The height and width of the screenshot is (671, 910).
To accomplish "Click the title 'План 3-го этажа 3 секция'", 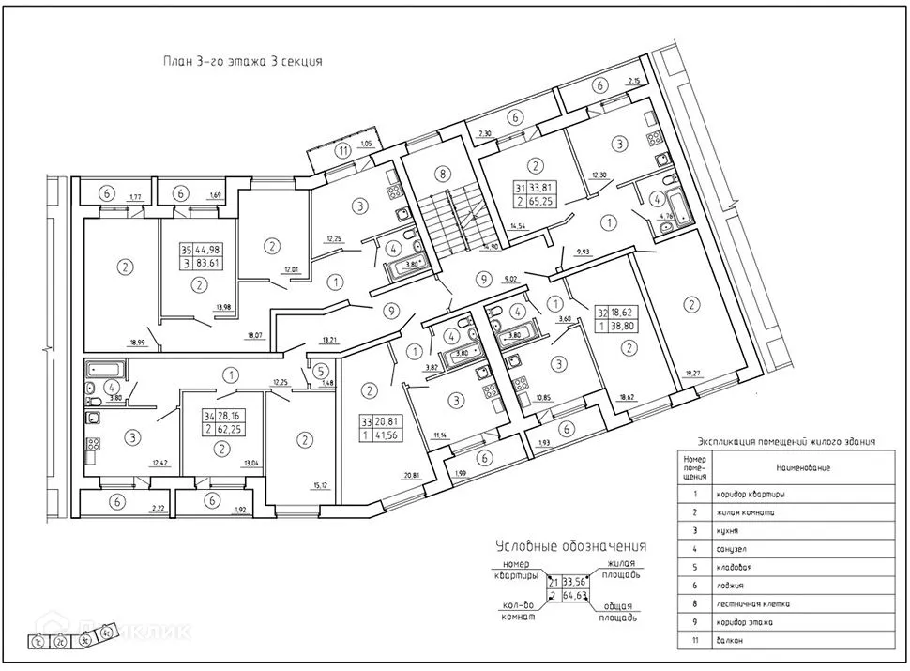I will (243, 62).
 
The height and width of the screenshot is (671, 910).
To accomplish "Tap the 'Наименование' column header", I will (802, 466).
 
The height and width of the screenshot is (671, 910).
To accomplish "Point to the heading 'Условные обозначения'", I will (557, 546).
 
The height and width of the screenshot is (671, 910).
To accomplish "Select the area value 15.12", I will (319, 485).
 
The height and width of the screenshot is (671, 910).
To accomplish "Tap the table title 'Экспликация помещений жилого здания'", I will (786, 439).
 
